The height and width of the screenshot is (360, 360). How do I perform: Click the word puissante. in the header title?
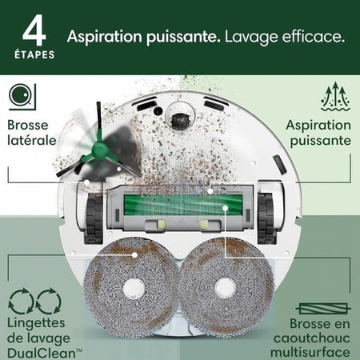tap(179, 37)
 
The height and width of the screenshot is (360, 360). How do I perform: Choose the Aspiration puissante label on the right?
tap(318, 133)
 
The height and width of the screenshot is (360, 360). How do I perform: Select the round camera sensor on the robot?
tap(179, 118)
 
